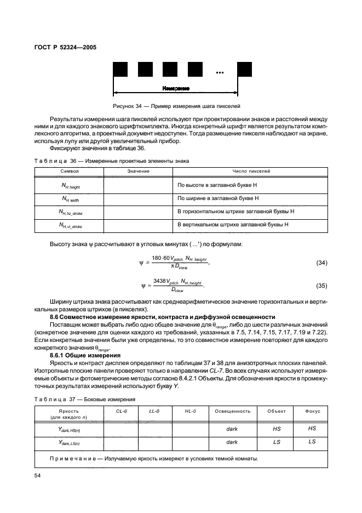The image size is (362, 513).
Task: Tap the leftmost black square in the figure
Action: click(120, 69)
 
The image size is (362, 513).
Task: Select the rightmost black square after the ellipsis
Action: click(244, 69)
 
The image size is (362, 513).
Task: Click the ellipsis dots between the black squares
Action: click(220, 72)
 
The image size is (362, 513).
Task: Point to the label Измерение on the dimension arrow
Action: click(176, 88)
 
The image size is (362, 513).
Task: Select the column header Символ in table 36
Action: click(70, 172)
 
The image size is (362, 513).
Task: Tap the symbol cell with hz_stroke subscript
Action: click(71, 212)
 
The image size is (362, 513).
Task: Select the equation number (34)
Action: click(321, 263)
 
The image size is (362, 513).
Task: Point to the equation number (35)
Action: click(321, 286)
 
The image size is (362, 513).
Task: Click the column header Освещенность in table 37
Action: click(232, 411)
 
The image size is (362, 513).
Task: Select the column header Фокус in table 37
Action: click(313, 411)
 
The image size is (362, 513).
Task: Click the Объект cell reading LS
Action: click(276, 441)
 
